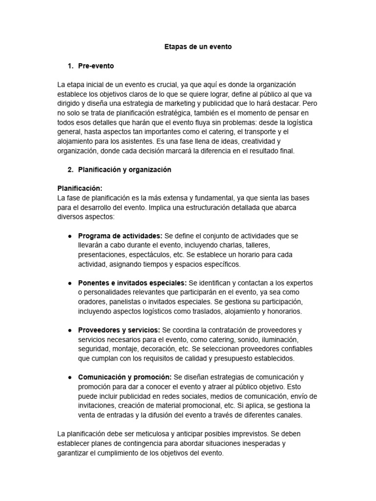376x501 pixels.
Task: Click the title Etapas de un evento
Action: pos(198,47)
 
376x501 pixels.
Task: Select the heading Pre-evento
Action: pos(96,66)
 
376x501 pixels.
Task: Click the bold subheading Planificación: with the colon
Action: pos(80,188)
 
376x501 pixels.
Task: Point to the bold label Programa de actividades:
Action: pos(120,236)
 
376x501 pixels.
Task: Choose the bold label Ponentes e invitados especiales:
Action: pos(132,283)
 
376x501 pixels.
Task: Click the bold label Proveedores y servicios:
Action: pos(118,330)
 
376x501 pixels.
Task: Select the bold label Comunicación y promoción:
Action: pos(124,377)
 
